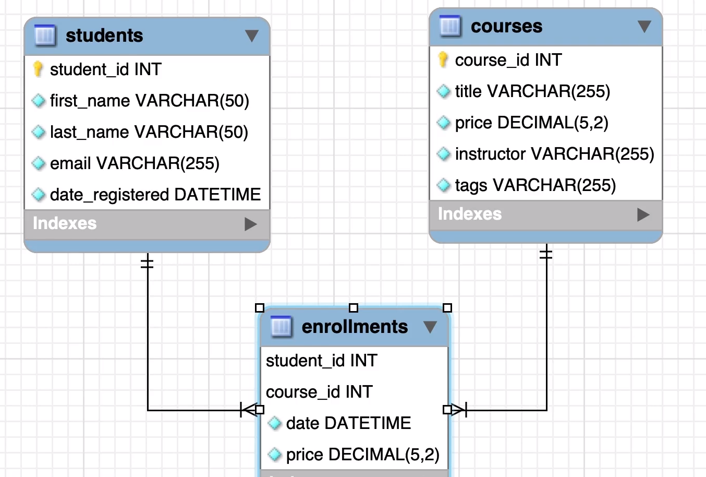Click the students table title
(x=104, y=35)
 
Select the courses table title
(x=506, y=26)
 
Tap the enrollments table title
(x=355, y=327)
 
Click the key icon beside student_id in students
(x=38, y=69)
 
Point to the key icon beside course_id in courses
(x=443, y=59)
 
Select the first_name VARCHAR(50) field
(x=149, y=101)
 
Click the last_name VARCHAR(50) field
(x=149, y=132)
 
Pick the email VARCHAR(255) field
(x=135, y=163)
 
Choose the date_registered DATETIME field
(x=155, y=195)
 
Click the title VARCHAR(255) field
(x=532, y=91)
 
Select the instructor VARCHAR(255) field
(x=554, y=154)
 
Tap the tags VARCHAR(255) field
(x=535, y=185)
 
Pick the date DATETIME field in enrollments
(x=348, y=423)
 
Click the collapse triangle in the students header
(x=252, y=35)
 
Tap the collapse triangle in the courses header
(x=644, y=26)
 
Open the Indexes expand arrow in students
(x=251, y=224)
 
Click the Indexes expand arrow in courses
(x=643, y=214)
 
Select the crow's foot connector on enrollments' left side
(x=248, y=410)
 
